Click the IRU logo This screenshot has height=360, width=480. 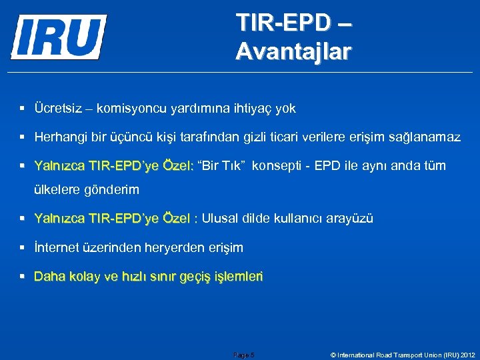pyautogui.click(x=59, y=37)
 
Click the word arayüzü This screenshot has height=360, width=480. pyautogui.click(x=350, y=218)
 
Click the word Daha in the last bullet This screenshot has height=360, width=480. pyautogui.click(x=48, y=276)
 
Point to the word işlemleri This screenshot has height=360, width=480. pyautogui.click(x=238, y=276)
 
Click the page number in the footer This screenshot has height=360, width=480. pyautogui.click(x=244, y=355)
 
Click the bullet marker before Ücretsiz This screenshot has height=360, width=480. pyautogui.click(x=23, y=108)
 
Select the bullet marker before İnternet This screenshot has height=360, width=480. pyautogui.click(x=23, y=247)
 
